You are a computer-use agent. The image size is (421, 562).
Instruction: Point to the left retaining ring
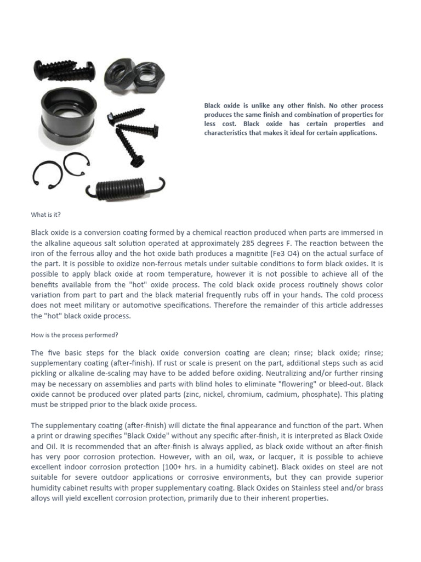(x=47, y=173)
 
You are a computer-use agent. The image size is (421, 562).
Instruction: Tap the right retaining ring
(x=76, y=164)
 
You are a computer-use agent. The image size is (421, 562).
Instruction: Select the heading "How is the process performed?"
(x=75, y=334)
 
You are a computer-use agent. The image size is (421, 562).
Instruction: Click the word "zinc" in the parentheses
(x=211, y=395)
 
